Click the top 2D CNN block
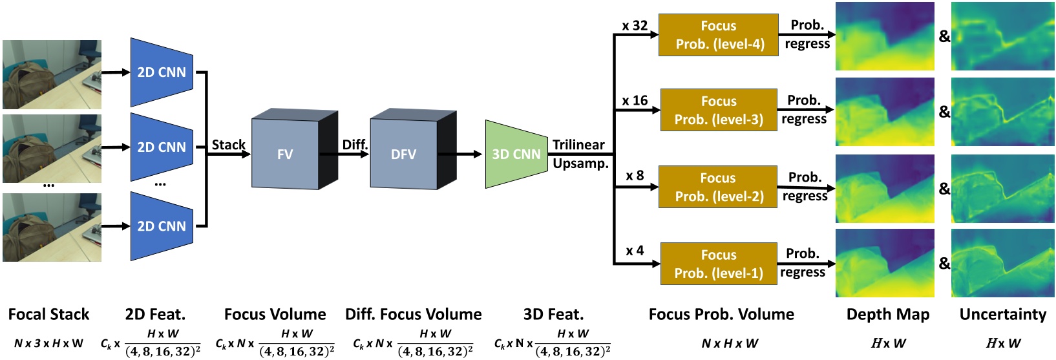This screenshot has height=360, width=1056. click(x=162, y=72)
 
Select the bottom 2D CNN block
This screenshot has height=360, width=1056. click(x=162, y=226)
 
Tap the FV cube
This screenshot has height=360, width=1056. click(x=285, y=154)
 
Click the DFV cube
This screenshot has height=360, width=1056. click(x=404, y=154)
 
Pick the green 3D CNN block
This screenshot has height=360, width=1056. click(x=515, y=154)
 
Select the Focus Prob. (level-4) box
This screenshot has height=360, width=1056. click(x=718, y=35)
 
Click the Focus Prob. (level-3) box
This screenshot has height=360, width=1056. click(x=718, y=110)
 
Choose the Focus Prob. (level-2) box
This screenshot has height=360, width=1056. click(x=717, y=187)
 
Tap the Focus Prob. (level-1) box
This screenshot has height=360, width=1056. click(x=719, y=264)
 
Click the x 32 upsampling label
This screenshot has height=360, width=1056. click(x=635, y=26)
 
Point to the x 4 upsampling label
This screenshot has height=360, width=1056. click(x=635, y=251)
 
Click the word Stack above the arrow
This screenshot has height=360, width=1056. click(x=229, y=145)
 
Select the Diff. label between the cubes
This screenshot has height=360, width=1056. click(x=355, y=145)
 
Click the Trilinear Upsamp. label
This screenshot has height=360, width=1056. click(x=580, y=154)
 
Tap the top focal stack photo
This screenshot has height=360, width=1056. click(x=52, y=74)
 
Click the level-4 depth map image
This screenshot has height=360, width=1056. click(x=885, y=36)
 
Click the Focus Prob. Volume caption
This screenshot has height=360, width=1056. click(x=721, y=315)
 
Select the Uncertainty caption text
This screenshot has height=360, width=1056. click(x=1002, y=315)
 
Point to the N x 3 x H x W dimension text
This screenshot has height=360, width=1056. click(x=49, y=343)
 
